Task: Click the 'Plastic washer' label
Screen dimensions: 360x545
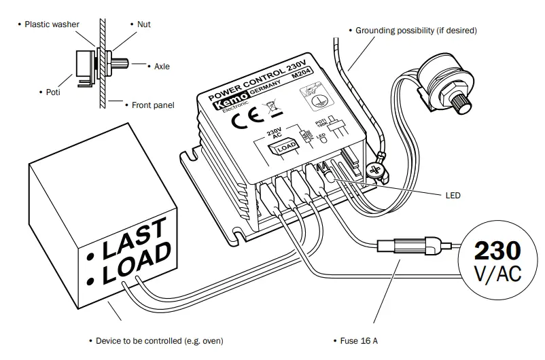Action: point(52,24)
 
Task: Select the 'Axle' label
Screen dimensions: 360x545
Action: point(162,67)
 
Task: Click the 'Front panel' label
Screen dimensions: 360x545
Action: point(152,105)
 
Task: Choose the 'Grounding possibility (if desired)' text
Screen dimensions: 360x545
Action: point(416,31)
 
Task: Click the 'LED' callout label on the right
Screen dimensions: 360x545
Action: point(453,196)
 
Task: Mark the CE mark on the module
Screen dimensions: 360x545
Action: point(243,122)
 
